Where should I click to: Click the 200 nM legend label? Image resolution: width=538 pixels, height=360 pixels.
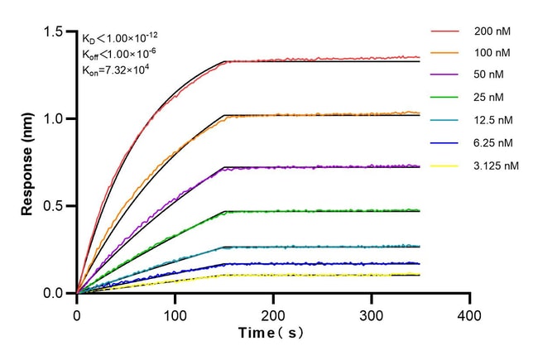click(493, 31)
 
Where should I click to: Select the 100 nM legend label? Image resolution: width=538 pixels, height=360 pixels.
click(493, 54)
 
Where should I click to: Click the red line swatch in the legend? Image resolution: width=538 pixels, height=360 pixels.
click(444, 31)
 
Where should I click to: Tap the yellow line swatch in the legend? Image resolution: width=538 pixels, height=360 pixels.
click(444, 166)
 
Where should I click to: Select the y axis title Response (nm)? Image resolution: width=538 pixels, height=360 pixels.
click(27, 163)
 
